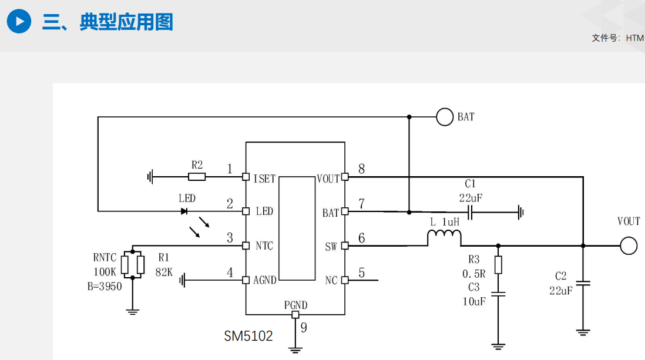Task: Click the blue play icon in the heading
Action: coord(19,22)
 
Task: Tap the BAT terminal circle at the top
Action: coord(445,117)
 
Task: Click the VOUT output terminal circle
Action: coord(629,245)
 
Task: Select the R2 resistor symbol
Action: coord(197,176)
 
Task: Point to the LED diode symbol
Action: coord(184,211)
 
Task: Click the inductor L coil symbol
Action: coord(444,238)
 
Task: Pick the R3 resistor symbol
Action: coord(498,265)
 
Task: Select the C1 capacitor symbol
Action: coord(471,211)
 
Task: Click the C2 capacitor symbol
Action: coord(583,284)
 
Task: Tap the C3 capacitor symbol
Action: coord(498,294)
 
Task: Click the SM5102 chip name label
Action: coord(248,337)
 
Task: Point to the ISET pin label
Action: coord(264,179)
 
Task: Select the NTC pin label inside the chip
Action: coord(264,245)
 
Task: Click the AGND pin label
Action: coord(265,280)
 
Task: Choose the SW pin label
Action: coord(331,247)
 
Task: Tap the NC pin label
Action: coord(331,281)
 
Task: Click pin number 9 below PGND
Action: coord(304,328)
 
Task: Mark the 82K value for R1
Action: coord(163,272)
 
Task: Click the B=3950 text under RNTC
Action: coord(105,287)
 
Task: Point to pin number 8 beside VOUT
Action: coord(361,169)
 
